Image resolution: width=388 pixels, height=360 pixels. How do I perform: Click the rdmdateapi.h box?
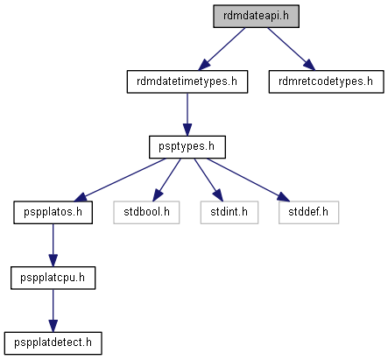tap(256, 17)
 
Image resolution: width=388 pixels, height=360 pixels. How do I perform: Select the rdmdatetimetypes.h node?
tap(187, 81)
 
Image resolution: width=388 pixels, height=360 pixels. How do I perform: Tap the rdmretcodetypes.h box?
tap(326, 81)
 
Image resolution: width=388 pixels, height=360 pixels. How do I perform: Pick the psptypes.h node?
tap(187, 147)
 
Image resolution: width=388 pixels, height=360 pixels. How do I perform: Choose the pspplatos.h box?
tap(53, 213)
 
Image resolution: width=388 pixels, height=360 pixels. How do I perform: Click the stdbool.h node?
tap(146, 213)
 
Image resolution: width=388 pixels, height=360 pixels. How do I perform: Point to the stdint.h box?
tap(229, 213)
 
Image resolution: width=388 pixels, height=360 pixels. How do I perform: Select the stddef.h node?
tap(308, 213)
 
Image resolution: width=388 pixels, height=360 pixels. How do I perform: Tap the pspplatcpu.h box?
tap(53, 278)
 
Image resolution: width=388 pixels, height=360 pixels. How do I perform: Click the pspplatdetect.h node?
tap(53, 343)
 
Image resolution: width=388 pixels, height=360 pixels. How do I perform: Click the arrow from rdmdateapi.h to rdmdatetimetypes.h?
tap(222, 49)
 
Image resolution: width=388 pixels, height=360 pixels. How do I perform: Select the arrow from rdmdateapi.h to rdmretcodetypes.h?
tap(292, 49)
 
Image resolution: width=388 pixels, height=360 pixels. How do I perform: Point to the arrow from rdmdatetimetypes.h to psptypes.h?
tap(187, 115)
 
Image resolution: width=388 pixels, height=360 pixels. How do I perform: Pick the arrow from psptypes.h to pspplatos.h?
tap(120, 180)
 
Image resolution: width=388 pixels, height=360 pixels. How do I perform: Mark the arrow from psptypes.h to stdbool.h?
tap(166, 180)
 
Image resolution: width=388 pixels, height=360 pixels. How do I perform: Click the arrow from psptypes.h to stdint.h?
tap(208, 180)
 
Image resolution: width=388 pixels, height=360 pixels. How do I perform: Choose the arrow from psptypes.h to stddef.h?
tap(248, 180)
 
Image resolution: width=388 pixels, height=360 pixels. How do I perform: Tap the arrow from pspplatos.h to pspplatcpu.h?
tap(53, 245)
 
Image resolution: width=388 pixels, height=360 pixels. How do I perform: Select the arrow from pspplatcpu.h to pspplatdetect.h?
tap(53, 311)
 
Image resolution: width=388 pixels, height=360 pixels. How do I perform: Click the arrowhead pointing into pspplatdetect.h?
tap(53, 326)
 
